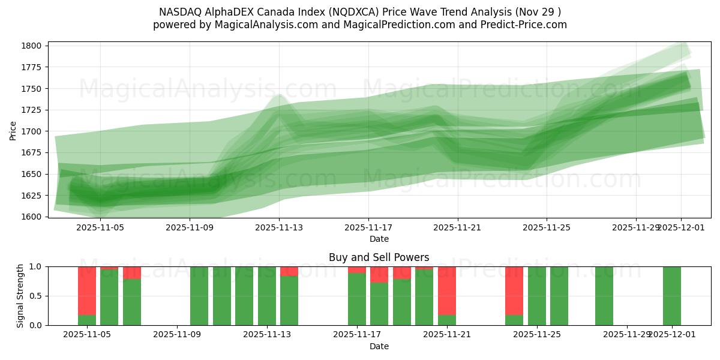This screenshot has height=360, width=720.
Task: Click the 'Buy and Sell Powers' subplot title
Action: pyautogui.click(x=379, y=257)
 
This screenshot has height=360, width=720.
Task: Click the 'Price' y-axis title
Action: pyautogui.click(x=13, y=130)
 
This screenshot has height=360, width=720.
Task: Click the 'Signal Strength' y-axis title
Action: pyautogui.click(x=20, y=296)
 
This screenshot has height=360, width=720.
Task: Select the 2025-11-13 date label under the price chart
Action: pyautogui.click(x=279, y=228)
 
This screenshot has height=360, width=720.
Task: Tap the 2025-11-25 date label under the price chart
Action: pyautogui.click(x=547, y=228)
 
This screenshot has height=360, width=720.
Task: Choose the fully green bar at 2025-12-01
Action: pyautogui.click(x=672, y=296)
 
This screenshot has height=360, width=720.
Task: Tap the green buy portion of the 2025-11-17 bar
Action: pyautogui.click(x=357, y=300)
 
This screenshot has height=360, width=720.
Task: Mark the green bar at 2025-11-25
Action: pyautogui.click(x=537, y=296)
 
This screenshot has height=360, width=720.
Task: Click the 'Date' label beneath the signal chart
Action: pyautogui.click(x=379, y=346)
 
